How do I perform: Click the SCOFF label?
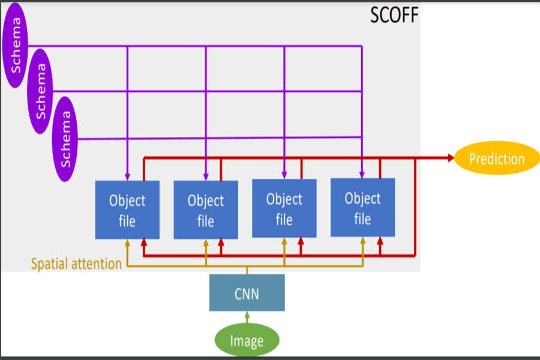pyautogui.click(x=394, y=14)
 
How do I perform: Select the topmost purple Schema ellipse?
pyautogui.click(x=17, y=45)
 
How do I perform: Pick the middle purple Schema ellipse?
pyautogui.click(x=41, y=91)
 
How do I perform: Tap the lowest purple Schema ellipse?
pyautogui.click(x=65, y=139)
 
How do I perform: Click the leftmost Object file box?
pyautogui.click(x=127, y=210)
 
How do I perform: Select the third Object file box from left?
pyautogui.click(x=284, y=208)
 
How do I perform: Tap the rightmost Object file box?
pyautogui.click(x=362, y=208)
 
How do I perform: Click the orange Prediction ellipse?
pyautogui.click(x=497, y=158)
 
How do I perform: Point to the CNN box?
pyautogui.click(x=247, y=293)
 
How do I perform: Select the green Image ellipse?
pyautogui.click(x=247, y=341)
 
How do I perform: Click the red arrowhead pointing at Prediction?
pyautogui.click(x=450, y=158)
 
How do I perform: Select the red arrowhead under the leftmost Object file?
pyautogui.click(x=143, y=243)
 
